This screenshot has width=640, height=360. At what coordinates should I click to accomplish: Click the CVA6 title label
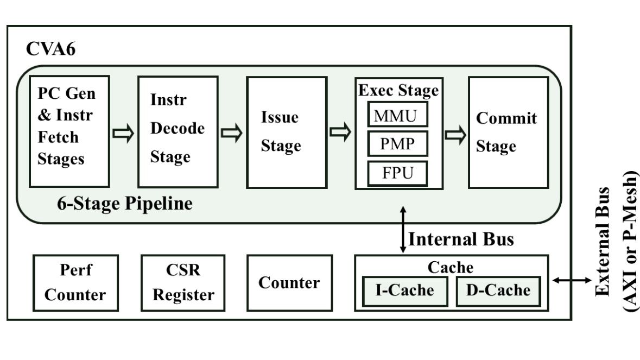click(x=51, y=49)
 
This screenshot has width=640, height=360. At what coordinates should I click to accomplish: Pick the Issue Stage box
click(x=287, y=131)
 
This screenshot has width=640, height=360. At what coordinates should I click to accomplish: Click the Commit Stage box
click(x=508, y=131)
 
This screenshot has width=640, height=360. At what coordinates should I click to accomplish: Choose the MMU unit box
click(x=398, y=116)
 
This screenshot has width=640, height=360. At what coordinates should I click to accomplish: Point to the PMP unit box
click(x=398, y=144)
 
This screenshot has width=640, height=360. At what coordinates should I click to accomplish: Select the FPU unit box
click(x=398, y=173)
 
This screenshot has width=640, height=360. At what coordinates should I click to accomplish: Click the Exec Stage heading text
click(x=398, y=90)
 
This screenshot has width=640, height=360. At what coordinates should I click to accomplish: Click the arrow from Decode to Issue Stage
click(x=232, y=133)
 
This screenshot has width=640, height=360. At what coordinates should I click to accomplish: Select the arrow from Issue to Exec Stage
click(x=341, y=132)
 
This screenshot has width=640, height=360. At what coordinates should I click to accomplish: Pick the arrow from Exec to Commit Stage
click(x=455, y=136)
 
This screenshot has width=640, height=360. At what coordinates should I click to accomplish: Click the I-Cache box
click(x=405, y=290)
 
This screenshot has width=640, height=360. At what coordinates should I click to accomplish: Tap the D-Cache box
click(x=498, y=290)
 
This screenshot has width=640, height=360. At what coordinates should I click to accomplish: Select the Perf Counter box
click(x=75, y=283)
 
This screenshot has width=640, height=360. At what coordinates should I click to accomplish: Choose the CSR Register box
click(x=183, y=283)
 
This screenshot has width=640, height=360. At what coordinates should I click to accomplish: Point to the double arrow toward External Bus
click(x=572, y=280)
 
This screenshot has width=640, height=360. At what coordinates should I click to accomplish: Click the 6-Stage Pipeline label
click(x=124, y=204)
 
